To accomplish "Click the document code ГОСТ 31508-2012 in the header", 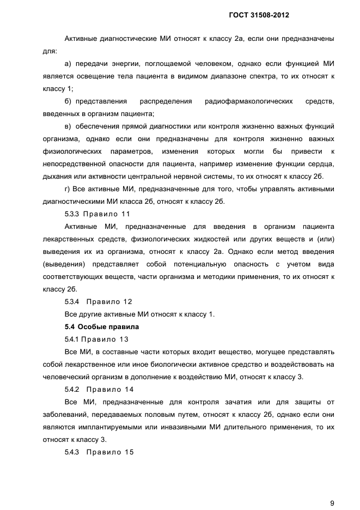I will pyautogui.click(x=259, y=16).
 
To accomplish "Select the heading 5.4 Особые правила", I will pyautogui.click(x=94, y=327).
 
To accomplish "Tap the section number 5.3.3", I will pyautogui.click(x=72, y=214).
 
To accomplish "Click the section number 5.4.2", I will pyautogui.click(x=72, y=390).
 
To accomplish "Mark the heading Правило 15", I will pyautogui.click(x=110, y=452).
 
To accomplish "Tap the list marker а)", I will pyautogui.click(x=68, y=64).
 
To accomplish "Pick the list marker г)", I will pyautogui.click(x=68, y=189).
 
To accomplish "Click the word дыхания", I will pyautogui.click(x=58, y=177).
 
